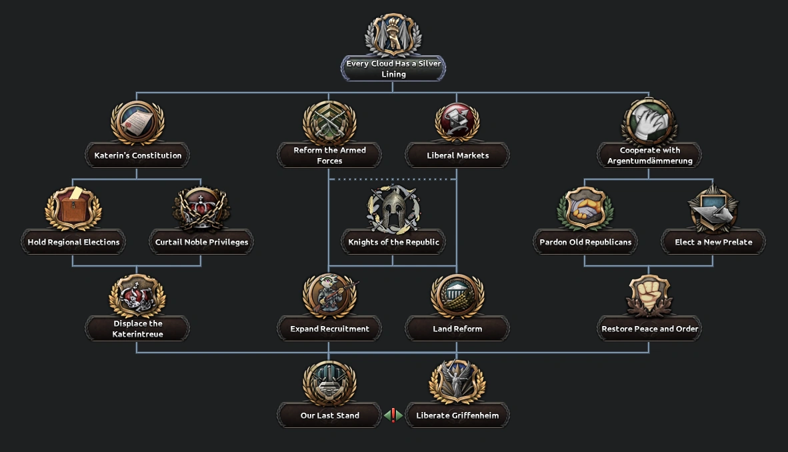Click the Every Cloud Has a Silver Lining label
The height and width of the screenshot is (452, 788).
coord(393,69)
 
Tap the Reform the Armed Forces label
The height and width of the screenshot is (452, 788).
coord(329,155)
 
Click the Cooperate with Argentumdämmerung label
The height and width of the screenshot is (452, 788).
coord(649,155)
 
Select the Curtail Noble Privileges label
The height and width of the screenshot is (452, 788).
coord(201,242)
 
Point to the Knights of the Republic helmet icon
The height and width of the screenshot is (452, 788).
coord(393,209)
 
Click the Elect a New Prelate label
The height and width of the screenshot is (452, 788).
coord(713,242)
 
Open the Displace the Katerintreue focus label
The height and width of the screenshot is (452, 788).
coord(137,329)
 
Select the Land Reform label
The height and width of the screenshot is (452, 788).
coord(457,329)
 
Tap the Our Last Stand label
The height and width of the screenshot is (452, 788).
coord(329,415)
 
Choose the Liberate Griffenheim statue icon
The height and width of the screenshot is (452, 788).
coord(457,382)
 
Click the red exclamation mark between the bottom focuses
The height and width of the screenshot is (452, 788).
coord(393,415)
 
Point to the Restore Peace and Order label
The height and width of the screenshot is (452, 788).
coord(649,329)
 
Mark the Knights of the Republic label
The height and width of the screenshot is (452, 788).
coord(393,242)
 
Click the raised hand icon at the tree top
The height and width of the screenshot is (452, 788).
coord(393,35)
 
